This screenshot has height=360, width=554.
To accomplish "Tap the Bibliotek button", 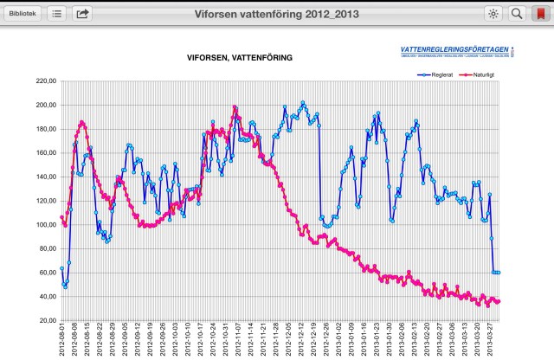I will [x=23, y=13].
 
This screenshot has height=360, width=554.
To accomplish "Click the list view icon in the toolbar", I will [x=57, y=13].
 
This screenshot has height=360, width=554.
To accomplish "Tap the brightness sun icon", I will [x=493, y=13].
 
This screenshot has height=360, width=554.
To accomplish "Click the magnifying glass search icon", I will [x=517, y=13].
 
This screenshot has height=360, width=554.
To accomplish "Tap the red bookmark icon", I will [x=541, y=13].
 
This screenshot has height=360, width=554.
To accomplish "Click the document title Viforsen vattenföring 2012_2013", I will [x=277, y=13].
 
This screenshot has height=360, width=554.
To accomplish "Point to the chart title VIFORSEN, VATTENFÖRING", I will [x=240, y=57].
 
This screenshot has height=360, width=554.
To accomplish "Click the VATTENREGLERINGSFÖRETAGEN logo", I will [x=456, y=51].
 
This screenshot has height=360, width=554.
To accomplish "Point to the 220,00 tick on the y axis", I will [x=45, y=81].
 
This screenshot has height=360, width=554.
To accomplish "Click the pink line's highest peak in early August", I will [x=81, y=122].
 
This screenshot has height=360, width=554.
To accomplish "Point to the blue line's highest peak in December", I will [x=303, y=103].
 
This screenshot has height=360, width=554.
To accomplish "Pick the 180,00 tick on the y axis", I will [x=45, y=129].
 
